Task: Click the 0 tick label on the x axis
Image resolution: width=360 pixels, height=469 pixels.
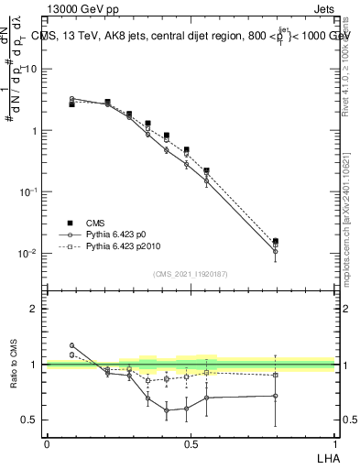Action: click(x=47, y=443)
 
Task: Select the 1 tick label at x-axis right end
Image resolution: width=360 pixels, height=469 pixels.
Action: click(x=333, y=443)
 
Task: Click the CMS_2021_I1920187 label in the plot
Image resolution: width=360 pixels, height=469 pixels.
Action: click(x=190, y=274)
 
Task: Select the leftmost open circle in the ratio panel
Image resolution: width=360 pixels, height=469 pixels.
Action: click(x=71, y=345)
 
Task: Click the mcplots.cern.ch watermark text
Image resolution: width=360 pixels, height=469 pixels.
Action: click(x=347, y=229)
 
